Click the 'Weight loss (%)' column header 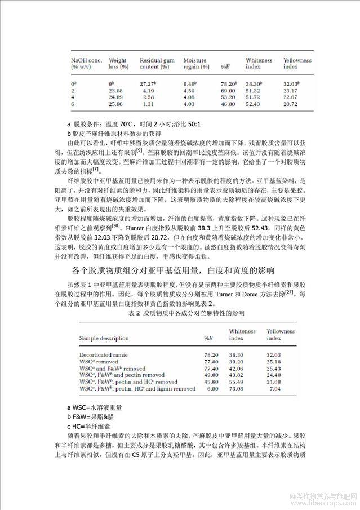click(x=118, y=63)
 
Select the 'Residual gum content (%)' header click(x=155, y=63)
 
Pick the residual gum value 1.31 click(x=148, y=104)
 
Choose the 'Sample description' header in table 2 click(x=103, y=338)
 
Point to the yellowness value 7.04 click(x=276, y=388)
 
